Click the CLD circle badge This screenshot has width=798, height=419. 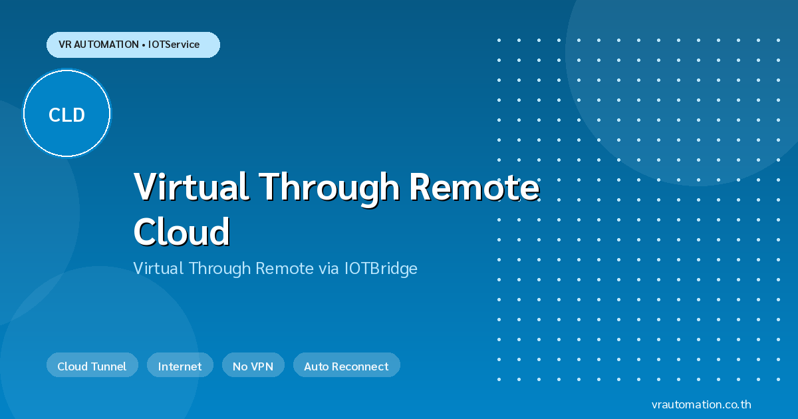[x=66, y=113]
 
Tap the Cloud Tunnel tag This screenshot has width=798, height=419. [x=92, y=365]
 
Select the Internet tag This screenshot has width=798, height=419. [x=180, y=365]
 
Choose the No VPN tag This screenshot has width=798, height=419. [x=253, y=365]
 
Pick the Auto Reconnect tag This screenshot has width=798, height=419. [x=346, y=365]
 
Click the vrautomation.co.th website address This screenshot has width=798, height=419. [x=701, y=404]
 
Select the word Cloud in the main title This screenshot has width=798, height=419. [x=182, y=231]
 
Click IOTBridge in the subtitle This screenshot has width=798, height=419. [x=380, y=269]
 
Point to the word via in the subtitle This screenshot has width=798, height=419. [x=329, y=269]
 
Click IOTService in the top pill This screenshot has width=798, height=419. [x=174, y=45]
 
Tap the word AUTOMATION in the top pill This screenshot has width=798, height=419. [x=106, y=45]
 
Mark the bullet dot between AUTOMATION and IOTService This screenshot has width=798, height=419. [x=143, y=45]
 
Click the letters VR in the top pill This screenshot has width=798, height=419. [x=65, y=45]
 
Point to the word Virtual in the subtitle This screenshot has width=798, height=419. [x=158, y=268]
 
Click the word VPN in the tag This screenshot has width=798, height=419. [x=262, y=366]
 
